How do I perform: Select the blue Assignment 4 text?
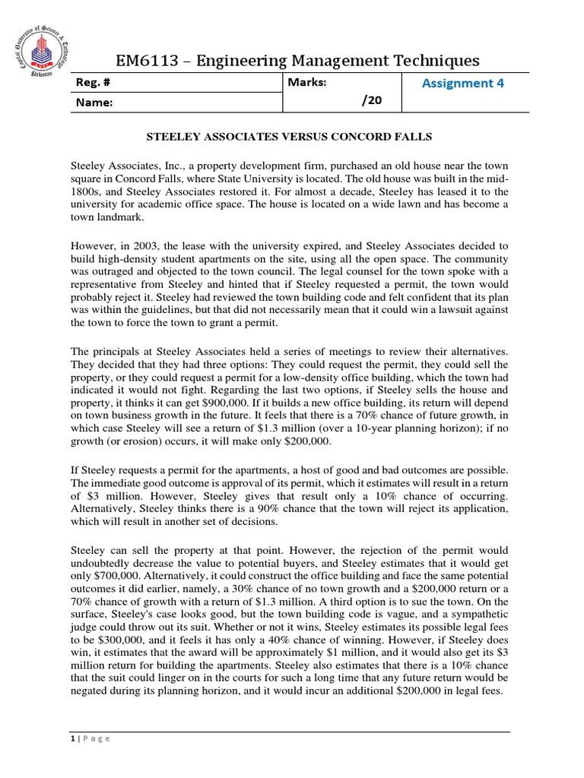462,84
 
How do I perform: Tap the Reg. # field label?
94,84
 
